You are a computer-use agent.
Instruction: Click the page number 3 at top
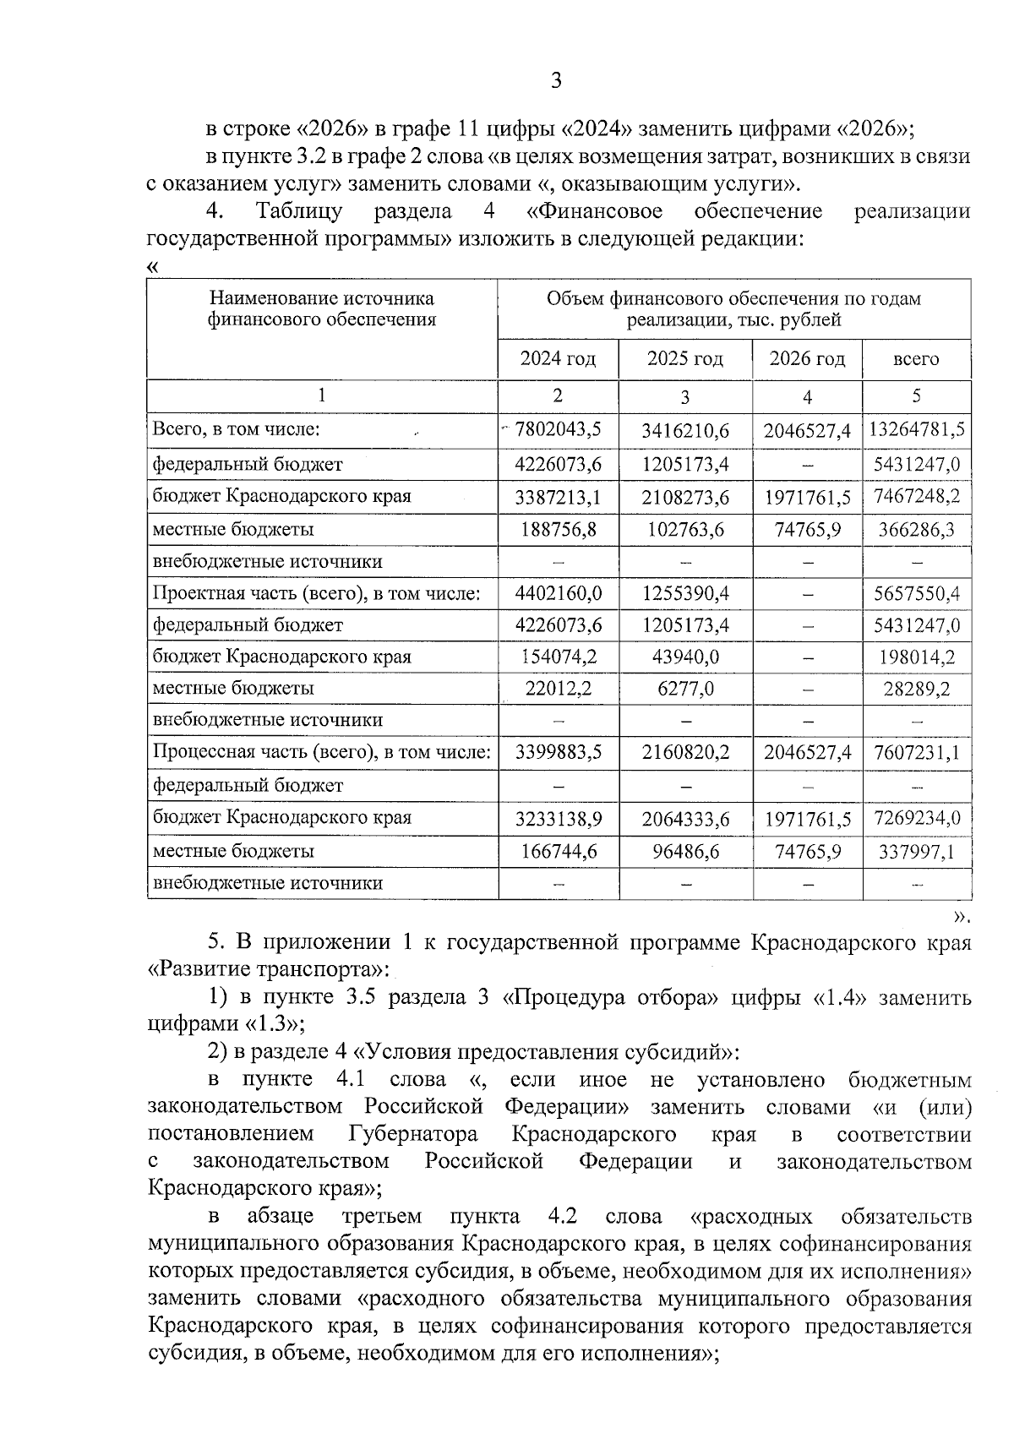[x=555, y=81]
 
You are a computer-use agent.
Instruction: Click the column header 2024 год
[x=558, y=359]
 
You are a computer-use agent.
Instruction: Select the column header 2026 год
[x=807, y=359]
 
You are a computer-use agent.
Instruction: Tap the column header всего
[x=916, y=359]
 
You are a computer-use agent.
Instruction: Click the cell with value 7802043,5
[x=558, y=429]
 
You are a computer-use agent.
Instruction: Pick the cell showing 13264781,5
[x=917, y=429]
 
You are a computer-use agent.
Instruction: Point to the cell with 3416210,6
[x=684, y=431]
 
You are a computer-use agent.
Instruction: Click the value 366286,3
[x=917, y=530]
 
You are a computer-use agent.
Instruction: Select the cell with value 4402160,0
[x=558, y=594]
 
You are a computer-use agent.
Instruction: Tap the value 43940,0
[x=684, y=657]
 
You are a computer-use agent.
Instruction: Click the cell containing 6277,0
[x=684, y=690]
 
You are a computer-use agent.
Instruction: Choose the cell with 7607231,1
[x=917, y=753]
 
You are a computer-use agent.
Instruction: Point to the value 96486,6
[x=684, y=851]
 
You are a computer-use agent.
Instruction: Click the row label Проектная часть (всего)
[x=316, y=594]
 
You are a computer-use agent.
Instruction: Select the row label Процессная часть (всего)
[x=321, y=753]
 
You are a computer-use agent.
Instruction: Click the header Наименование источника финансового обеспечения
[x=322, y=309]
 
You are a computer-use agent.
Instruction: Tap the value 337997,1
[x=917, y=851]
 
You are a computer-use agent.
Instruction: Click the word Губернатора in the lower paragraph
[x=412, y=1134]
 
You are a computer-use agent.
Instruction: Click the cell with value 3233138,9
[x=558, y=818]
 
